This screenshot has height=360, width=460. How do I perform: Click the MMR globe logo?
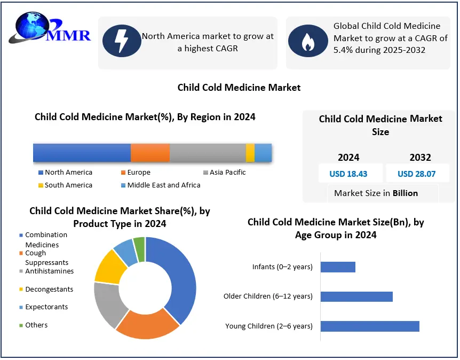coord(50,28)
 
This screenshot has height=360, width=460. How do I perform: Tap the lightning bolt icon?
coord(122,41)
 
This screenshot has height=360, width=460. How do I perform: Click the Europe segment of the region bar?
coord(150,153)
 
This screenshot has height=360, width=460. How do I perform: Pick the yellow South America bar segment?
coord(250,153)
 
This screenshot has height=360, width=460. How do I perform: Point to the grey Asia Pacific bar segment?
coord(208,153)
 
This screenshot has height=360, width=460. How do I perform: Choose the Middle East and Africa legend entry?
coord(161,185)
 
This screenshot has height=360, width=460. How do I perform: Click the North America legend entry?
coord(66,173)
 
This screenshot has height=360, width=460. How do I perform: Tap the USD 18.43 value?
coord(348,174)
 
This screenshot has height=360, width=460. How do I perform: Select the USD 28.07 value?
coord(417,174)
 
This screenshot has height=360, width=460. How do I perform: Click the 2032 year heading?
coord(420,158)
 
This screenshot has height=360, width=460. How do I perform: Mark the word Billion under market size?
coord(405,193)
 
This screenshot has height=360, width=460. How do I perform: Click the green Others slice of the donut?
coord(140,249)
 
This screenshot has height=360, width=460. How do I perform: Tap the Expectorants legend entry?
coord(44,307)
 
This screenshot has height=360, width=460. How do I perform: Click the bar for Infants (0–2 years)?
coord(338,267)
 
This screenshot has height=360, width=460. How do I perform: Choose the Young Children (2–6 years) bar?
coord(370,326)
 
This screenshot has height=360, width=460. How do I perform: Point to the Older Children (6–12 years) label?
coord(268,296)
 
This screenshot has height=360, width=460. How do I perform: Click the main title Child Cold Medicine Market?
coord(239,88)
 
